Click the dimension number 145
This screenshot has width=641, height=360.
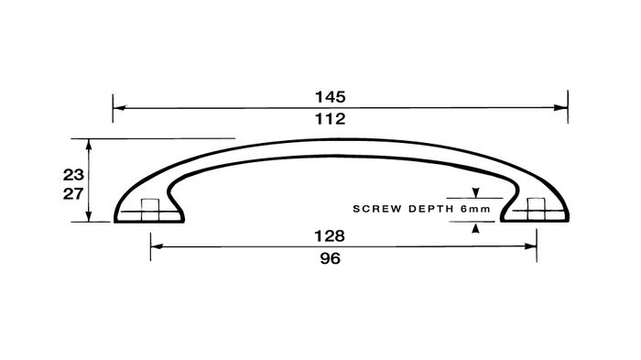(330, 97)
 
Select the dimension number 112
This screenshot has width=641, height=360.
(330, 119)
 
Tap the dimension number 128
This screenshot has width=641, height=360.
(330, 236)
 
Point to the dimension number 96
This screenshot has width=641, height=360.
(330, 258)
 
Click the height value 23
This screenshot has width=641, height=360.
(73, 175)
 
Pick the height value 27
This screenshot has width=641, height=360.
(73, 194)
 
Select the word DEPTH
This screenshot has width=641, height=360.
(431, 209)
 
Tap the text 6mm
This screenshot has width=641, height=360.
(475, 209)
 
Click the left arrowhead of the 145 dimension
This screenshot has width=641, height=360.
(119, 108)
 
